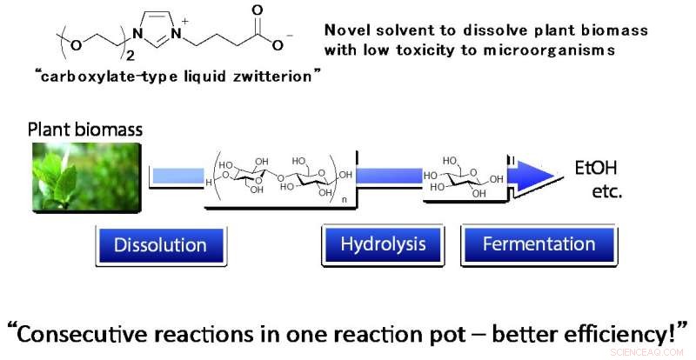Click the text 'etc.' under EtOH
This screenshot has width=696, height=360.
point(605,191)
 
